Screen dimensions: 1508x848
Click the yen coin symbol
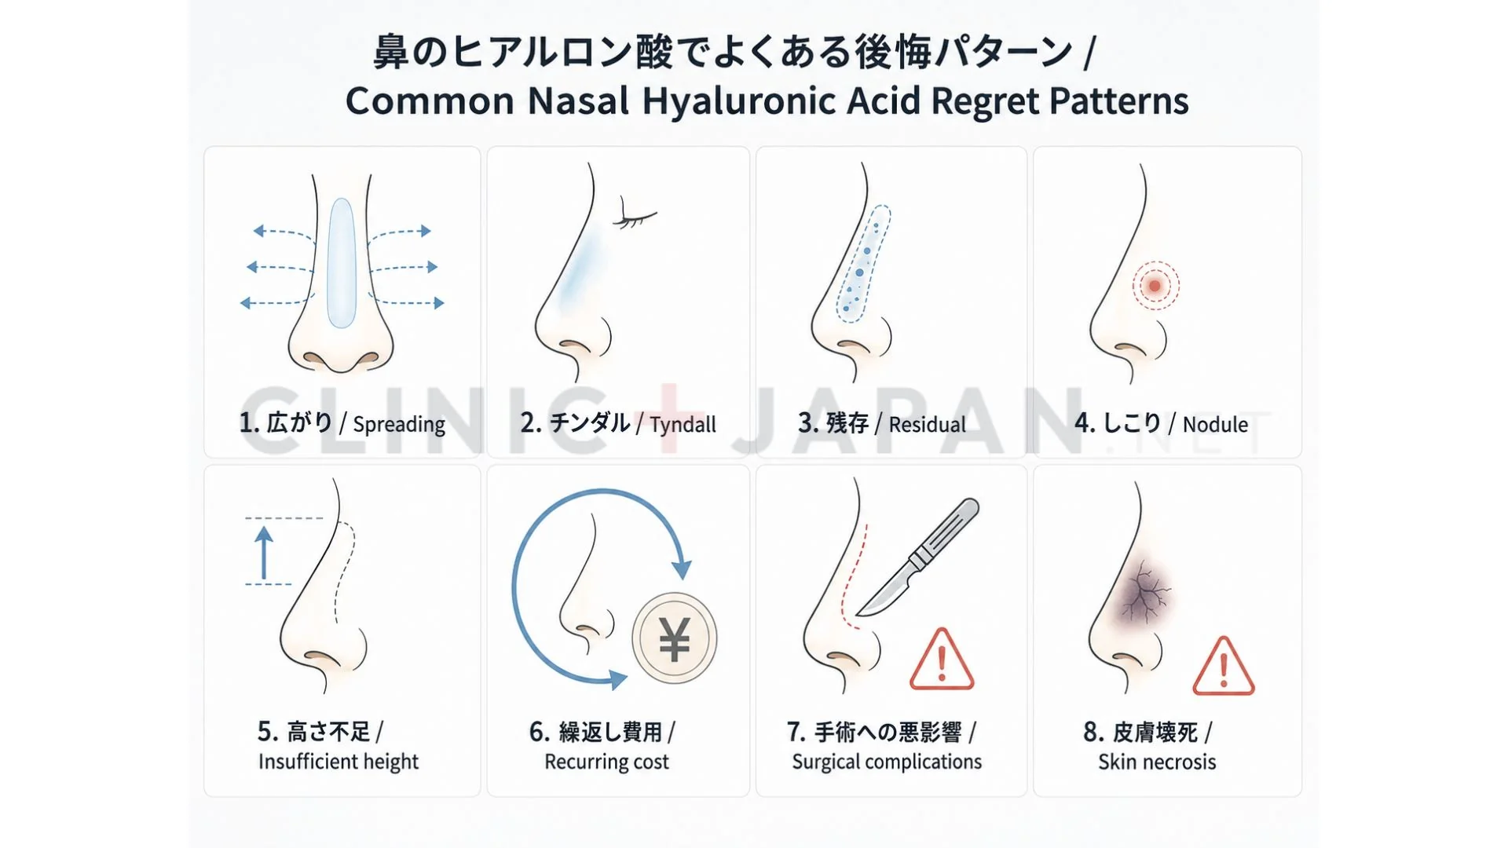675,638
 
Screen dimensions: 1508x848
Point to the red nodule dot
1155,285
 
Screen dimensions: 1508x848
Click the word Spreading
399,425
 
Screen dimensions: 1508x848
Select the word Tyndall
683,425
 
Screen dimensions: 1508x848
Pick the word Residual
927,425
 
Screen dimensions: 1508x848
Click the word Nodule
1215,425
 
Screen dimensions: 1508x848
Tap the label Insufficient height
339,762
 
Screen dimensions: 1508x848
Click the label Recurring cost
606,762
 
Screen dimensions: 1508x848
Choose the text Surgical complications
887,762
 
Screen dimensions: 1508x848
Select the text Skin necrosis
1157,762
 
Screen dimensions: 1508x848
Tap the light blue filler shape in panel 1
342,263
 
